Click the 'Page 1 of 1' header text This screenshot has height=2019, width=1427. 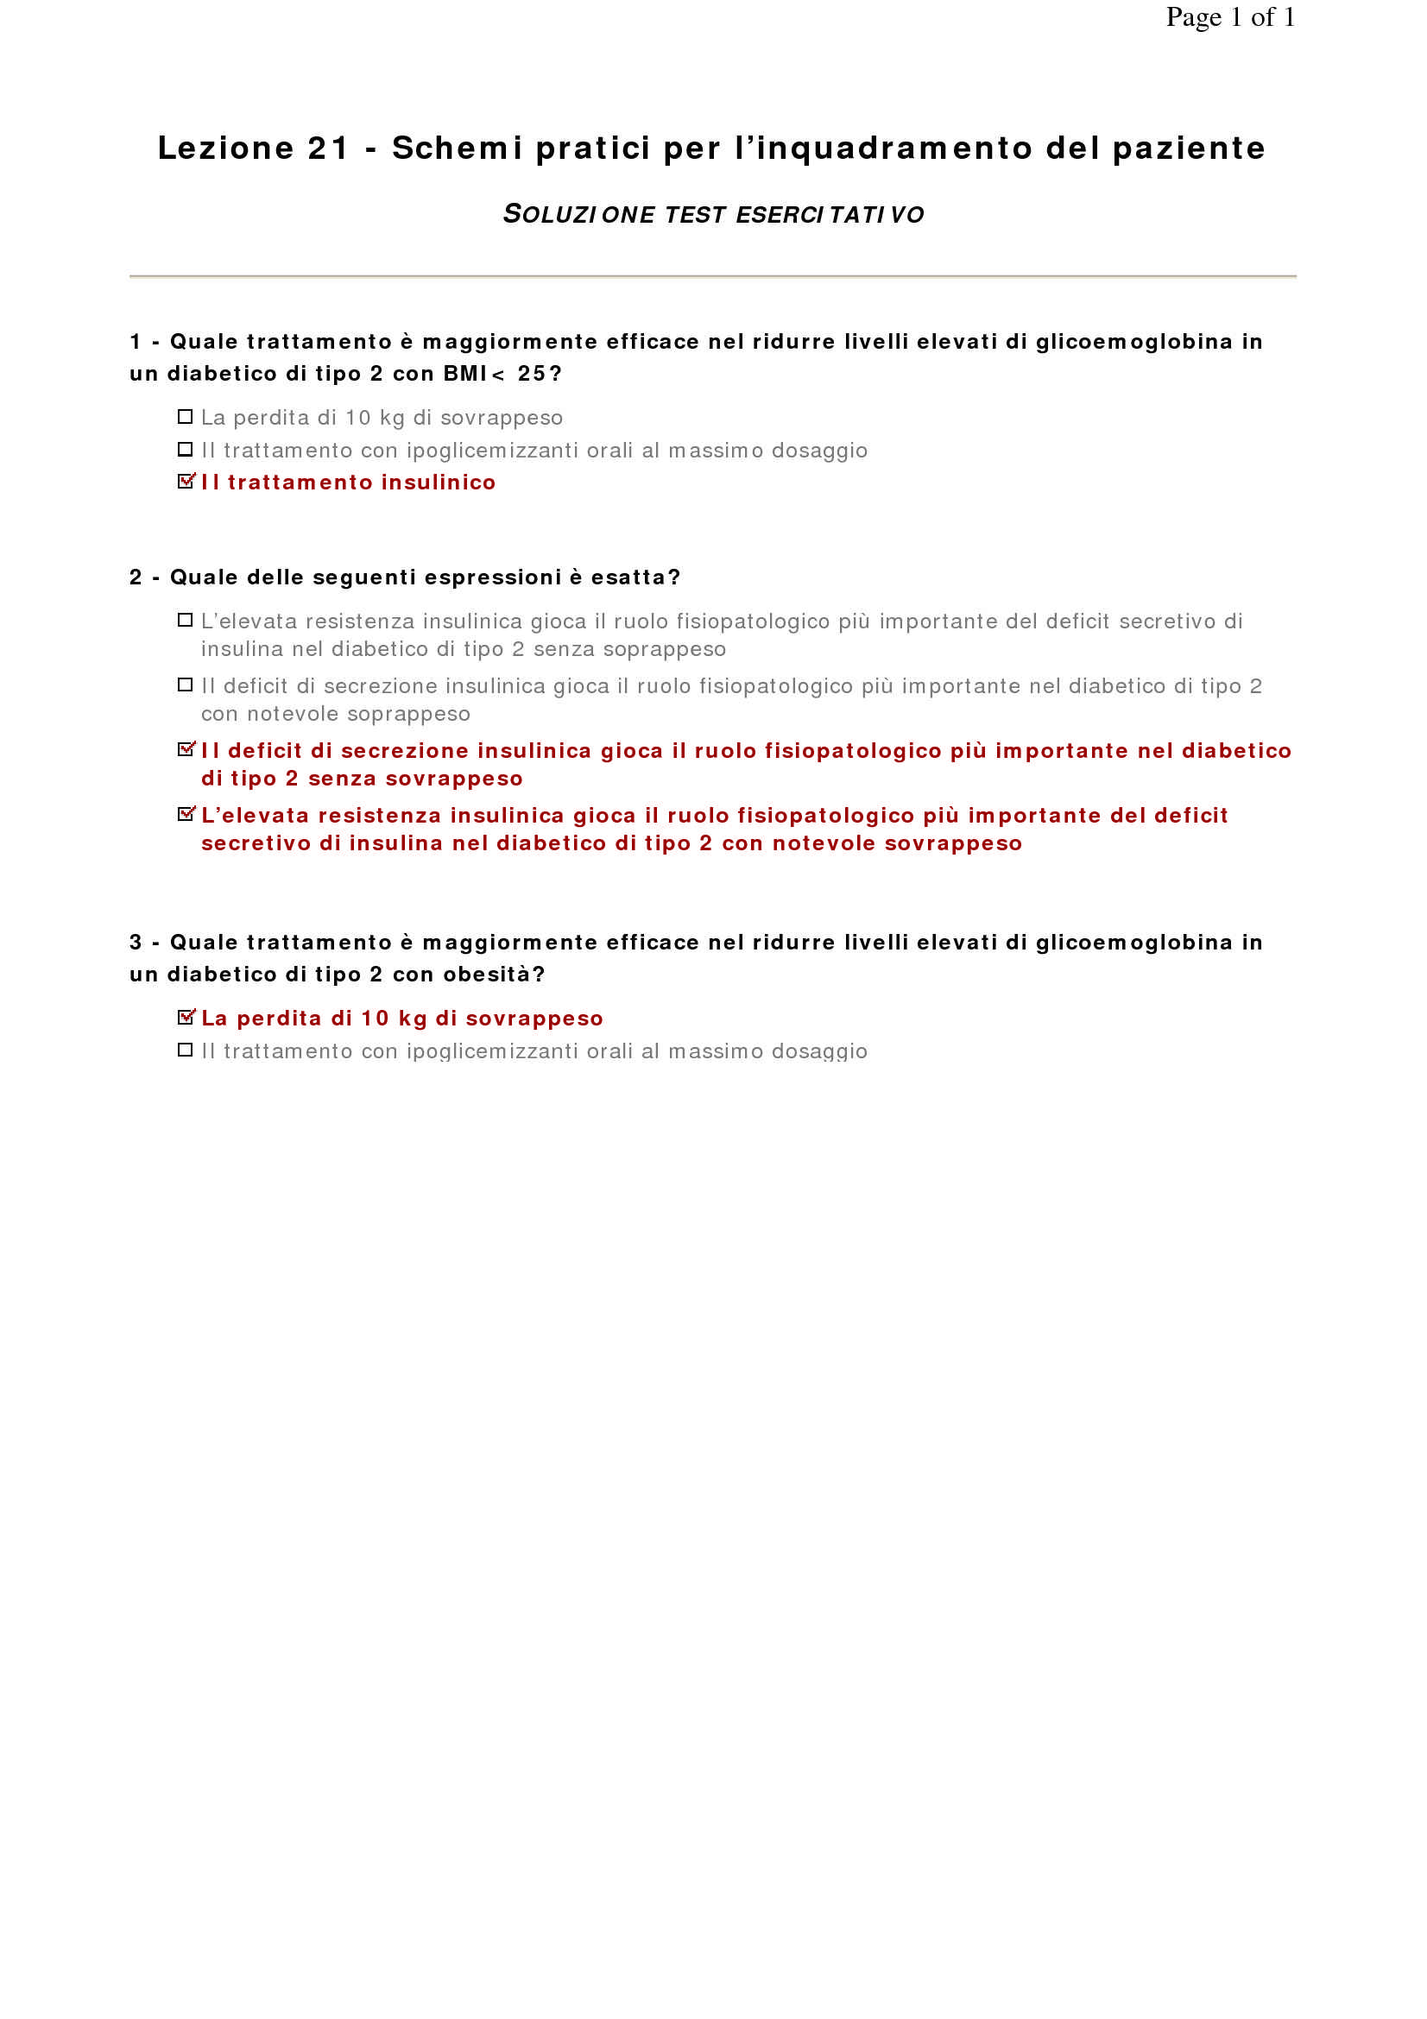(1229, 17)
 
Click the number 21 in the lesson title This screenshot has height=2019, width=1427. (328, 148)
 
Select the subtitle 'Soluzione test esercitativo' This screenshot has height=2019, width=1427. (713, 214)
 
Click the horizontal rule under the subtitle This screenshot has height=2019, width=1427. (713, 276)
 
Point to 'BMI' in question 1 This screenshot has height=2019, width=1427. (465, 374)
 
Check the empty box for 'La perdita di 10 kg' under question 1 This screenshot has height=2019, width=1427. (185, 417)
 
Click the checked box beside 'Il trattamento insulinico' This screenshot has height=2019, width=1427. (186, 481)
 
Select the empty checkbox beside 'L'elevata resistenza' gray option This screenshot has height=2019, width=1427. (185, 621)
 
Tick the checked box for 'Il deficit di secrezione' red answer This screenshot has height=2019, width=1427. (186, 749)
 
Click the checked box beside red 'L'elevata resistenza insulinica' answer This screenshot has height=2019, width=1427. (186, 814)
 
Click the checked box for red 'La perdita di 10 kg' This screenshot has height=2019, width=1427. (186, 1018)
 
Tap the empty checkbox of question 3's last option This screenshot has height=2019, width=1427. (185, 1050)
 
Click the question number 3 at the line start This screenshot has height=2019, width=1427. (136, 943)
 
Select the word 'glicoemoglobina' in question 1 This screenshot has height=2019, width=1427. (1134, 342)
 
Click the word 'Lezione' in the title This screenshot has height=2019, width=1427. (225, 148)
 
